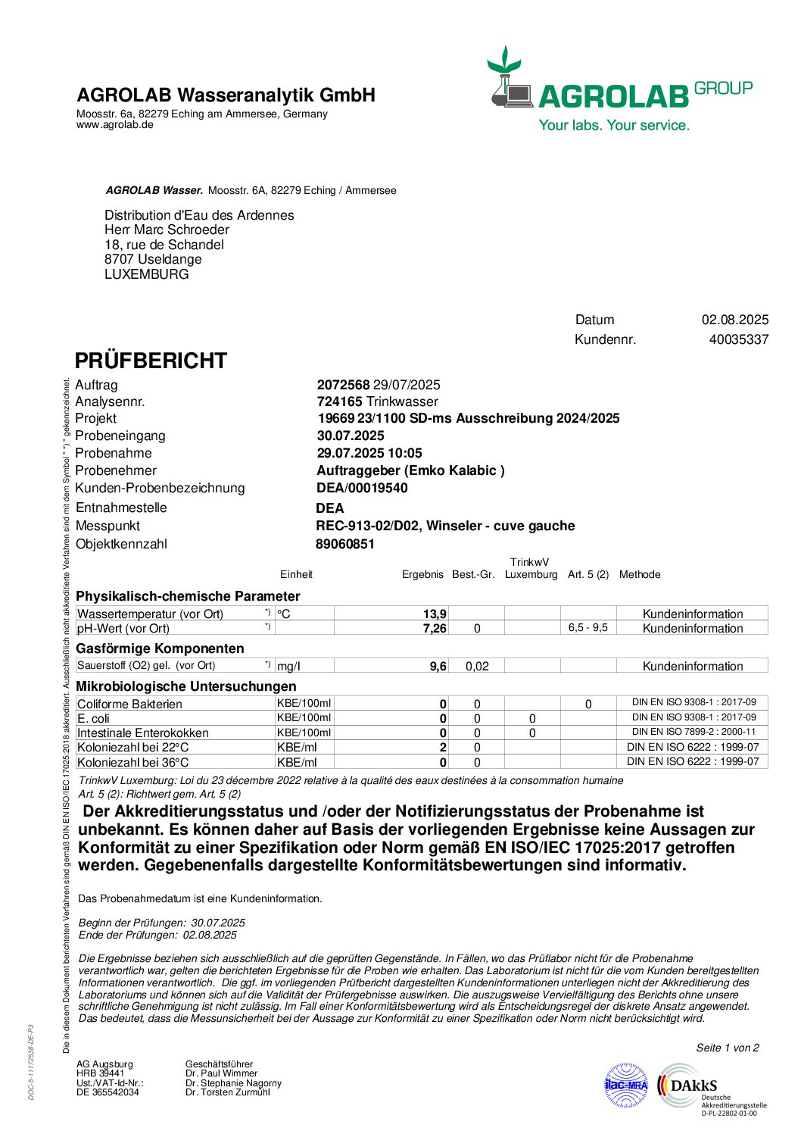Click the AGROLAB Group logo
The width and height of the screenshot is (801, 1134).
pos(619,89)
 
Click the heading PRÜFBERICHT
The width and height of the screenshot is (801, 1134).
pos(151,361)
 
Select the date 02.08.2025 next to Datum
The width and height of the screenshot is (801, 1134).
pos(734,320)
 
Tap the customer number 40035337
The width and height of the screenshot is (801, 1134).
pos(738,339)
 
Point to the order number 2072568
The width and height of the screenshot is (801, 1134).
pos(343,385)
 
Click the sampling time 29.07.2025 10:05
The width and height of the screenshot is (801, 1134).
pos(369,453)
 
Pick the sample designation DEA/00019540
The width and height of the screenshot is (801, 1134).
pos(362,488)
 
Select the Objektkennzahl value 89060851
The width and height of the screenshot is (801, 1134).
pos(345,544)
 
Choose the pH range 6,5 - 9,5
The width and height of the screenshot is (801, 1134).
pos(588,628)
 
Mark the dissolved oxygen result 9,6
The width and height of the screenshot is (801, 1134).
pos(438,666)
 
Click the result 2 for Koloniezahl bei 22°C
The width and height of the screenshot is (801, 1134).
pos(443,747)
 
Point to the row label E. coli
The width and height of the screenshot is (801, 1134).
pos(94,718)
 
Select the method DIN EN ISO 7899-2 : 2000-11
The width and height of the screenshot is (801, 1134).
pos(693,732)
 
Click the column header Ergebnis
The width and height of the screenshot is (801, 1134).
pos(422,574)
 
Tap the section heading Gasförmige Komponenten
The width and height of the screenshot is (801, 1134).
pos(160,648)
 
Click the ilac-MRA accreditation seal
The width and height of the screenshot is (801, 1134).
pos(626,1086)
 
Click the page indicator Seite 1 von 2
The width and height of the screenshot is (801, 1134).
pos(727,1048)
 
